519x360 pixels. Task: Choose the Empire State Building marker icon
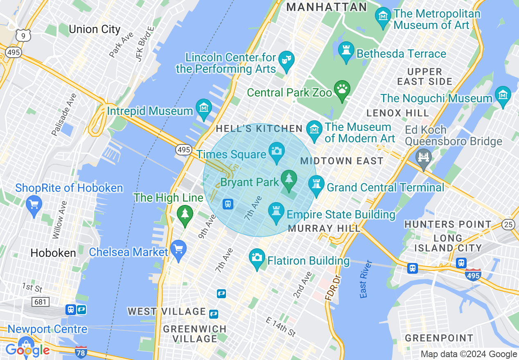point(276,212)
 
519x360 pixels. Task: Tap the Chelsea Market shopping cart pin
point(178,250)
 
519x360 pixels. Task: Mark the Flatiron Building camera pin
point(257,258)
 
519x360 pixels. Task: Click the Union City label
point(95,29)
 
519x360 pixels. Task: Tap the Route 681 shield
point(41,302)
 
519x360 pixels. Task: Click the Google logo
point(27,350)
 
